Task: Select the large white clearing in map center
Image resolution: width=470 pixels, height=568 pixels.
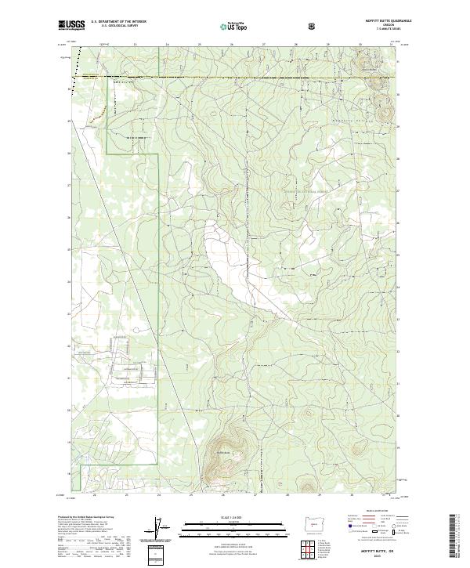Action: pyautogui.click(x=223, y=259)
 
